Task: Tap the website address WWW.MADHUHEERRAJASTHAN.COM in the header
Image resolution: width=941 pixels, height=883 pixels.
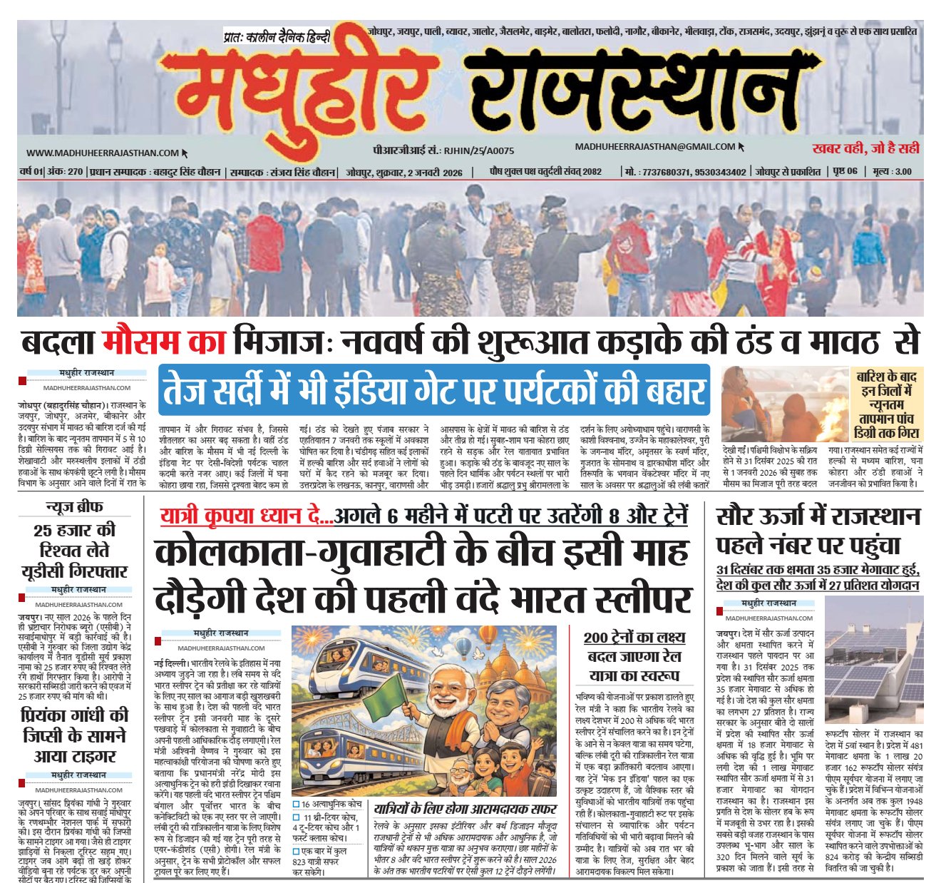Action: pos(103,153)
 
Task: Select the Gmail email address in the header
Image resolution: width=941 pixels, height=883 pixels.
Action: pos(655,147)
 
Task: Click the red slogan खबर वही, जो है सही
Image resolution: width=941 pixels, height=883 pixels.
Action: pos(865,148)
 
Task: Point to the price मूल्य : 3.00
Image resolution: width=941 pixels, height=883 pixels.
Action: pos(892,172)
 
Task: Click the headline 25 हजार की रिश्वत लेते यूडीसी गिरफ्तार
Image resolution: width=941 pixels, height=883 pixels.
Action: pos(74,551)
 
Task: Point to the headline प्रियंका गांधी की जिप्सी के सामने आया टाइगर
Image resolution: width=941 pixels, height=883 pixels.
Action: pos(74,735)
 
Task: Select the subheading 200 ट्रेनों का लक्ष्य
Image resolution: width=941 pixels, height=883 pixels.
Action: pos(634,638)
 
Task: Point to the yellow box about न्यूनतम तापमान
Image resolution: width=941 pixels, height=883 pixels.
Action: pos(888,404)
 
